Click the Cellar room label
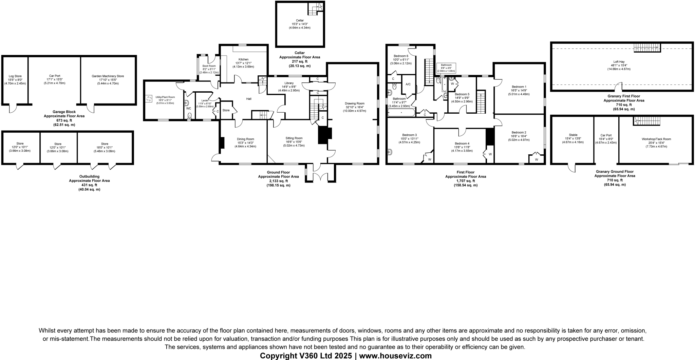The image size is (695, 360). [300, 20]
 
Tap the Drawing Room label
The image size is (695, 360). [354, 103]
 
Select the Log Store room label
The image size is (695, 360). [15, 76]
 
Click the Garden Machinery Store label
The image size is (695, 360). [108, 76]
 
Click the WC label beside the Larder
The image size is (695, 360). [189, 108]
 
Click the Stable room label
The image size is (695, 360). [573, 135]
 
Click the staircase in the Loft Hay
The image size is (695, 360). [647, 48]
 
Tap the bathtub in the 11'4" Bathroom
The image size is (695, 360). [401, 112]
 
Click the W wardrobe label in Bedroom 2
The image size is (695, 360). [536, 159]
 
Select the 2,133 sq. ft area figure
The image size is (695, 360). [278, 181]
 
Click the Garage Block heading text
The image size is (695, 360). [64, 112]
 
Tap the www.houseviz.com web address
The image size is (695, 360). [395, 356]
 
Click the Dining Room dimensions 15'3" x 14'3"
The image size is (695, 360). [245, 143]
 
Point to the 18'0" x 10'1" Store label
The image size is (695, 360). [104, 147]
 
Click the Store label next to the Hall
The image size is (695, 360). [226, 110]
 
